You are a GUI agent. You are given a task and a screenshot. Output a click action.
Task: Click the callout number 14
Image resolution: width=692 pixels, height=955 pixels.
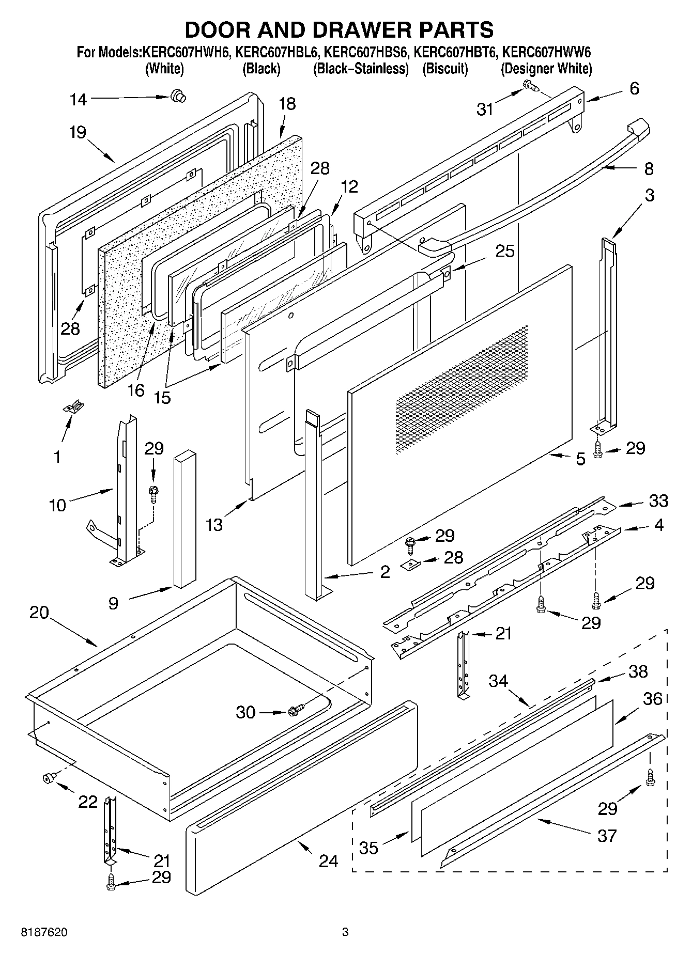(x=78, y=99)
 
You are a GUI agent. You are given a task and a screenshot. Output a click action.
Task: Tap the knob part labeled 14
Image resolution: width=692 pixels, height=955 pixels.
(x=178, y=95)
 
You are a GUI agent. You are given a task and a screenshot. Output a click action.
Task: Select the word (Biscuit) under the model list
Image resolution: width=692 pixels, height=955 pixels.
(x=445, y=68)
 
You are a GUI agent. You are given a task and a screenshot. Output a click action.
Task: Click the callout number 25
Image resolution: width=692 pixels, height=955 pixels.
(x=504, y=251)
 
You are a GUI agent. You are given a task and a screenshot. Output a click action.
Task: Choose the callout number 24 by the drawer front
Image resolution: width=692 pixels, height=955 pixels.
(x=328, y=860)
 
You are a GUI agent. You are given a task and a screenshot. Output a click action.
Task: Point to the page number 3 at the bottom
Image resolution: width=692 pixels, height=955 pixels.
(x=345, y=932)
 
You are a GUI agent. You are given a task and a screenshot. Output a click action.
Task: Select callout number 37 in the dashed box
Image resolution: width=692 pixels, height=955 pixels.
(x=607, y=835)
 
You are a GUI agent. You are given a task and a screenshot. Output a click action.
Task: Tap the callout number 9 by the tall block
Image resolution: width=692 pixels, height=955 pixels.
(x=114, y=603)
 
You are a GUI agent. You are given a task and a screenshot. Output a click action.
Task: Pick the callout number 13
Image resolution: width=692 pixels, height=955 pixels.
(x=214, y=525)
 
